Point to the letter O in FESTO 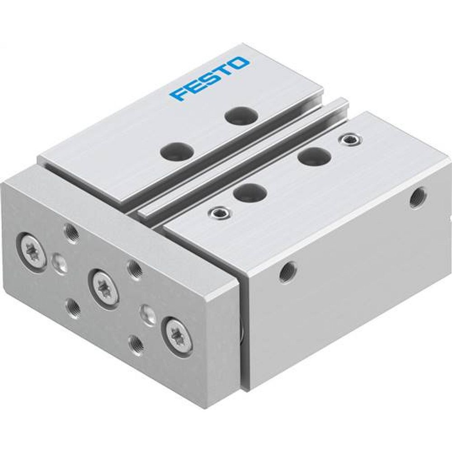[x=240, y=63]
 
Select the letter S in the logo [x=208, y=78]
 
